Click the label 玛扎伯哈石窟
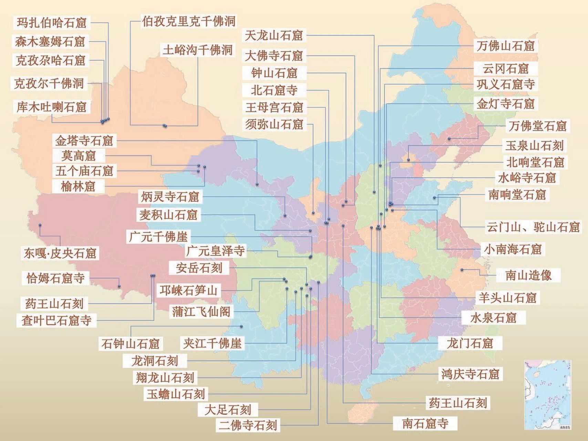click(x=51, y=23)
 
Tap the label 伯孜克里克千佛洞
click(x=189, y=21)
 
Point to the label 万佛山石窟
click(x=505, y=46)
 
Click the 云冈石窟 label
click(x=505, y=69)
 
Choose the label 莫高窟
click(x=78, y=156)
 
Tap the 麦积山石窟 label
click(x=168, y=215)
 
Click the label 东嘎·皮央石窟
click(x=60, y=253)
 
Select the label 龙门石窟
click(x=470, y=343)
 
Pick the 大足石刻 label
click(x=227, y=410)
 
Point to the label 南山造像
click(x=528, y=275)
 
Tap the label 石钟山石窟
click(x=130, y=343)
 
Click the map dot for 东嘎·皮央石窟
click(x=40, y=225)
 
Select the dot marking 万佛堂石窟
click(x=449, y=139)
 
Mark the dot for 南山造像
click(x=462, y=270)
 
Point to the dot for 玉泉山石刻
click(x=408, y=160)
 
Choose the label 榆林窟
click(x=78, y=186)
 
